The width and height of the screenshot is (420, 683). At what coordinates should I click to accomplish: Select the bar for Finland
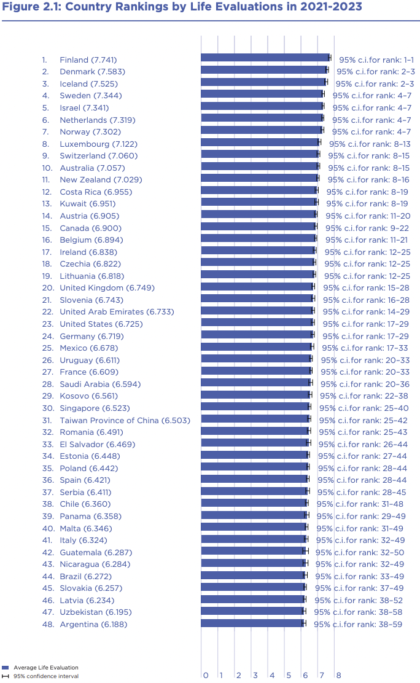[x=265, y=58]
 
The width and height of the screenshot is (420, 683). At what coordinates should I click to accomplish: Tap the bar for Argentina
[x=252, y=623]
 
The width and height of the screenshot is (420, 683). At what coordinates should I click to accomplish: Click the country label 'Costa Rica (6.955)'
[x=95, y=192]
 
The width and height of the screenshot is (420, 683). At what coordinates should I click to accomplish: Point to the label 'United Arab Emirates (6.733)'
[x=117, y=312]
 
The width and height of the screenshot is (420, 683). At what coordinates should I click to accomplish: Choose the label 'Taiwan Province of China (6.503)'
[x=125, y=421]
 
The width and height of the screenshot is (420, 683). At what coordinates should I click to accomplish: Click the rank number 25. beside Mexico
[x=48, y=348]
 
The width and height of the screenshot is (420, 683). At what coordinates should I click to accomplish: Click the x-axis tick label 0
[x=206, y=676]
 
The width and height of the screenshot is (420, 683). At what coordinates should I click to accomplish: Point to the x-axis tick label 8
[x=338, y=676]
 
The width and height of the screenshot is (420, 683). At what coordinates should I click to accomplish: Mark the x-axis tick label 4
[x=272, y=676]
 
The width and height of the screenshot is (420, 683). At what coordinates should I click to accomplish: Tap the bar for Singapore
[x=255, y=407]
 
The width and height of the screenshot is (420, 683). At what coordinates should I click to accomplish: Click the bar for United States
[x=257, y=322]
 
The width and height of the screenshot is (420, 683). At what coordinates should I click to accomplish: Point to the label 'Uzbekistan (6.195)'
[x=95, y=612]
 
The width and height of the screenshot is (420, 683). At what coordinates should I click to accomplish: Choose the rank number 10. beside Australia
[x=48, y=168]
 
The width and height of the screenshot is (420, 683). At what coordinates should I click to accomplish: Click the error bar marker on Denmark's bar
[x=327, y=70]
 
